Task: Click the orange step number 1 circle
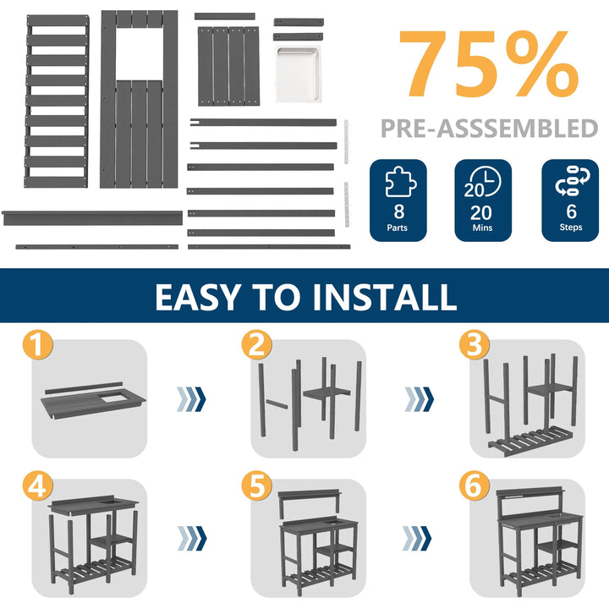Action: pyautogui.click(x=38, y=345)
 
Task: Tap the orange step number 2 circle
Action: pyautogui.click(x=257, y=345)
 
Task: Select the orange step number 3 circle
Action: pyautogui.click(x=475, y=345)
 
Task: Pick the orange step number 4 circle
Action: pyautogui.click(x=38, y=486)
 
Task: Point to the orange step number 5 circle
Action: pyautogui.click(x=257, y=486)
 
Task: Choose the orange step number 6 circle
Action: pyautogui.click(x=475, y=486)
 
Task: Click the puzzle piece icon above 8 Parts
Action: pyautogui.click(x=400, y=182)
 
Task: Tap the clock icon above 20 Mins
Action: pyautogui.click(x=483, y=182)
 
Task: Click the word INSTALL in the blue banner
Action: pyautogui.click(x=384, y=297)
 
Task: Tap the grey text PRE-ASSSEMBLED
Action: pyautogui.click(x=489, y=129)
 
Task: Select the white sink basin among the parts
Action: pyautogui.click(x=299, y=74)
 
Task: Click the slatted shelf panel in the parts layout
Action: pyautogui.click(x=57, y=101)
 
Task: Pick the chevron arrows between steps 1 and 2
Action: pyautogui.click(x=191, y=399)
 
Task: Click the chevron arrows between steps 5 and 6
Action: pyautogui.click(x=417, y=538)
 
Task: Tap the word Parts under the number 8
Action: pyautogui.click(x=397, y=228)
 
